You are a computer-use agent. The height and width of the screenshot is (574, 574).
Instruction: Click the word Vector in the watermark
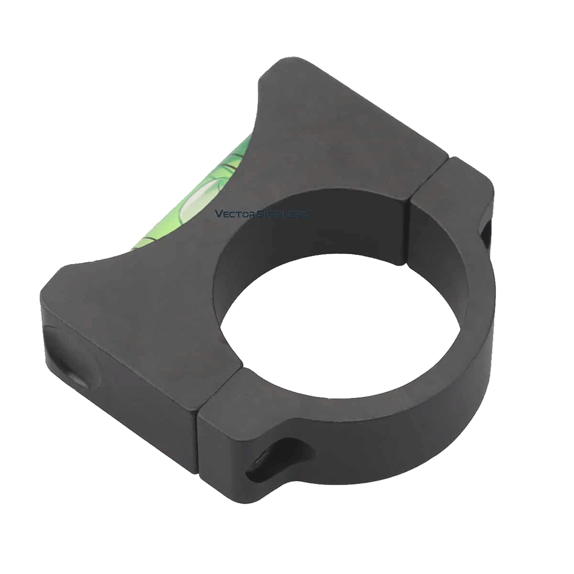pyautogui.click(x=230, y=214)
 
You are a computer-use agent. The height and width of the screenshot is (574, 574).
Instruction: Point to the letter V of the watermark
pyautogui.click(x=218, y=214)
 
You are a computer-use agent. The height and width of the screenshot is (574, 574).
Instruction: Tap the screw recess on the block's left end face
pyautogui.click(x=72, y=356)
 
